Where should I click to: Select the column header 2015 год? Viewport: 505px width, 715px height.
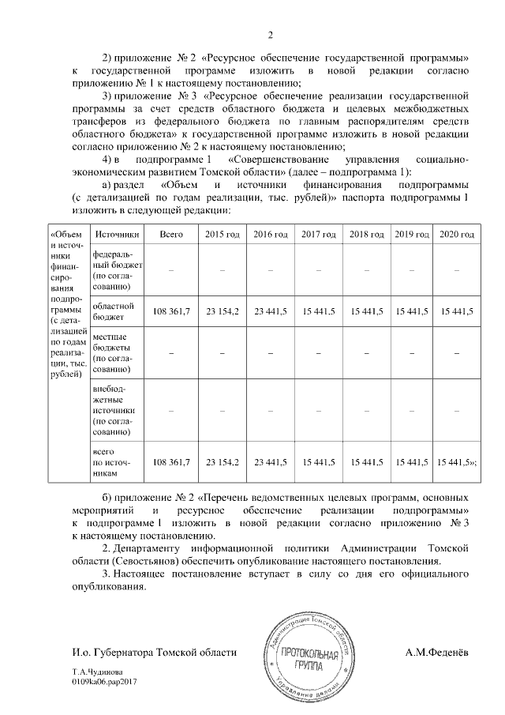(222, 235)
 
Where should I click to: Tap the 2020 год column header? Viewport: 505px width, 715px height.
(456, 235)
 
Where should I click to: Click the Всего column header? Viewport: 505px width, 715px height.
(171, 235)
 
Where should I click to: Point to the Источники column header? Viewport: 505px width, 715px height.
(117, 235)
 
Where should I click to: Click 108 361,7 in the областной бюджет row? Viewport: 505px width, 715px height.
(171, 312)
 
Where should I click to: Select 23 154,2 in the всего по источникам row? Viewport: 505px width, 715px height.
(222, 461)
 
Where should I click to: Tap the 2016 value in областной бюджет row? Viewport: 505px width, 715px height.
(269, 312)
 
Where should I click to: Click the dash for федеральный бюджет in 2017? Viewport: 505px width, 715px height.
(317, 271)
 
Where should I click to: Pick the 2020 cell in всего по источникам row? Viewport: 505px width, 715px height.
(456, 461)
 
